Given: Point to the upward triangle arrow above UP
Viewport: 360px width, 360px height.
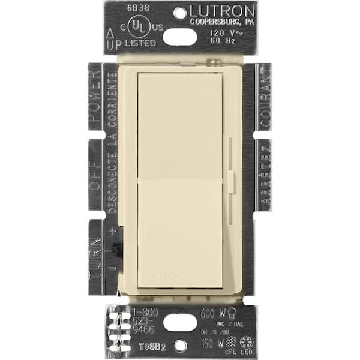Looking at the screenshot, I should click(x=110, y=32).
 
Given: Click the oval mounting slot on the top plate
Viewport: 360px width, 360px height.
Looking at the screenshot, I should click(x=179, y=37).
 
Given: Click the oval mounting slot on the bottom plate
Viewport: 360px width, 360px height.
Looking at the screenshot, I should click(x=179, y=322).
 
